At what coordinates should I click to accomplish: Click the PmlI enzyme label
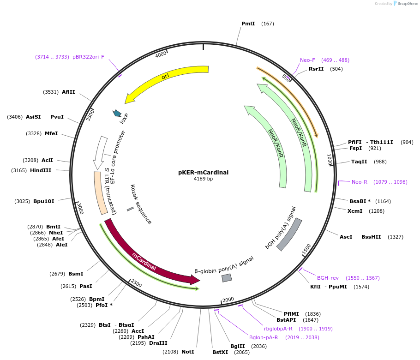(248, 24)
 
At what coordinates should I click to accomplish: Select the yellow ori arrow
(166, 83)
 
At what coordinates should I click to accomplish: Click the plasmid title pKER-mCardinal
(203, 173)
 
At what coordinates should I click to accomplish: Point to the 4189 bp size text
(203, 179)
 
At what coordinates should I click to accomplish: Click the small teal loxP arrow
(117, 113)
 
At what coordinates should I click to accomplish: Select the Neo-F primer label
(307, 60)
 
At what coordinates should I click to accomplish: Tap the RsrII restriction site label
(316, 69)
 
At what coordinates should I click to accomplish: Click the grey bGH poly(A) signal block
(289, 234)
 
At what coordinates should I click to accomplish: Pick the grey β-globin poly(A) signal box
(227, 278)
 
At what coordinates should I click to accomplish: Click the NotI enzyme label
(187, 352)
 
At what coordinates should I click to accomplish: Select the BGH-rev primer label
(328, 278)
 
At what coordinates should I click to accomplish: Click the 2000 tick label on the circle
(228, 300)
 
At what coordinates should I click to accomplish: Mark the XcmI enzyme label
(355, 211)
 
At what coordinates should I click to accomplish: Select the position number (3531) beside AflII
(51, 92)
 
